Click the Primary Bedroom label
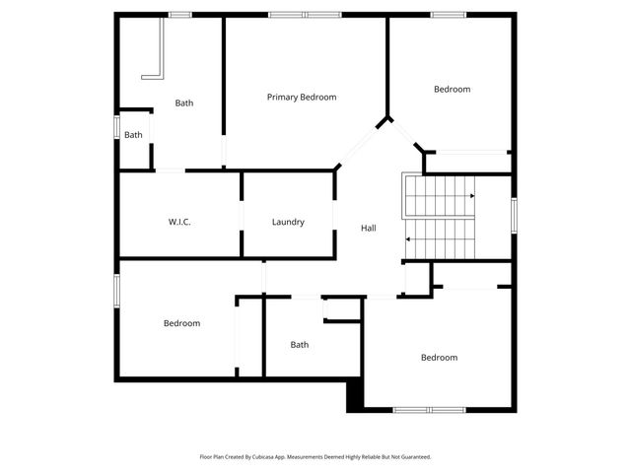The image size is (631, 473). point(302,97)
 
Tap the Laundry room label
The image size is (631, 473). point(288,222)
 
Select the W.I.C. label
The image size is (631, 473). point(179,222)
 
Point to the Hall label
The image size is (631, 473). point(368,228)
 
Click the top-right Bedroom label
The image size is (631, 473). point(452,89)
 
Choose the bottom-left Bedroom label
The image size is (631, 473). point(181,323)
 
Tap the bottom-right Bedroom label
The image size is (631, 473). point(439,358)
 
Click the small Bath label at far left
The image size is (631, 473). point(133,135)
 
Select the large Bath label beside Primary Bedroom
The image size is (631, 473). point(184,102)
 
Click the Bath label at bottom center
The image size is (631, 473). point(300,345)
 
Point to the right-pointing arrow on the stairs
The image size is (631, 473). point(472,196)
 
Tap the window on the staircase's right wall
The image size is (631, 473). point(514,216)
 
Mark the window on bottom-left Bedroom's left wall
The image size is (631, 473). point(116,291)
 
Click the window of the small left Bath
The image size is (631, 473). point(116,128)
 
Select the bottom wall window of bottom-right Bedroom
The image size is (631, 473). point(429,409)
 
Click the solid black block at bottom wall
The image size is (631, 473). point(355,397)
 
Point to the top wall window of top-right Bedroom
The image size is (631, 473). point(448,14)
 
